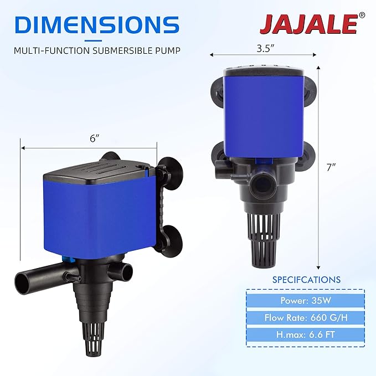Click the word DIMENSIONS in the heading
(x=94, y=25)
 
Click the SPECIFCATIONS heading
(x=306, y=280)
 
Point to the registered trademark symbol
(x=362, y=16)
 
